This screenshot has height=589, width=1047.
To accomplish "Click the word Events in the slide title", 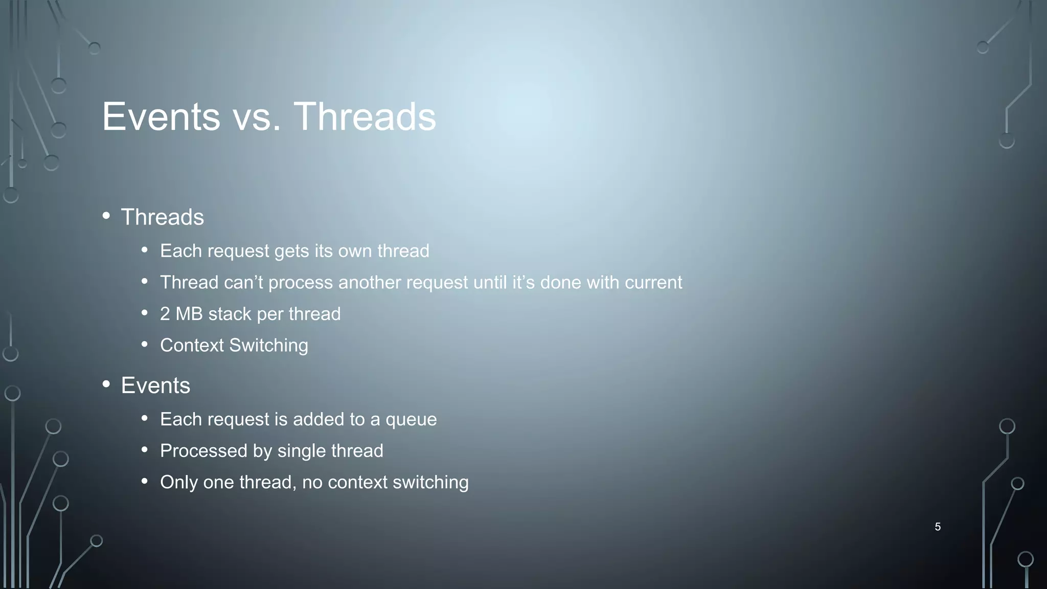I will click(x=161, y=117).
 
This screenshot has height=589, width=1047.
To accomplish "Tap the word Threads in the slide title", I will click(x=365, y=117).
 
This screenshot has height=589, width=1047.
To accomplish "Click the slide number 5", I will click(x=938, y=527).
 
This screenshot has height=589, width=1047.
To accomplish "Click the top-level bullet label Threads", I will click(x=162, y=217).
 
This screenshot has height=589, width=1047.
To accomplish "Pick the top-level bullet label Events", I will click(x=155, y=386).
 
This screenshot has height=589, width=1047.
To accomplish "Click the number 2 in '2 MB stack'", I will click(x=165, y=314).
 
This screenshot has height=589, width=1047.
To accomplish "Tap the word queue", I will click(x=411, y=420).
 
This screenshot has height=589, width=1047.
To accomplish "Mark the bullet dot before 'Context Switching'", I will click(x=145, y=345).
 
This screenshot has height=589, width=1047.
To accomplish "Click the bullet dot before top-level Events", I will click(x=106, y=384).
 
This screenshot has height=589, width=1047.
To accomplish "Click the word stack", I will click(x=230, y=314).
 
